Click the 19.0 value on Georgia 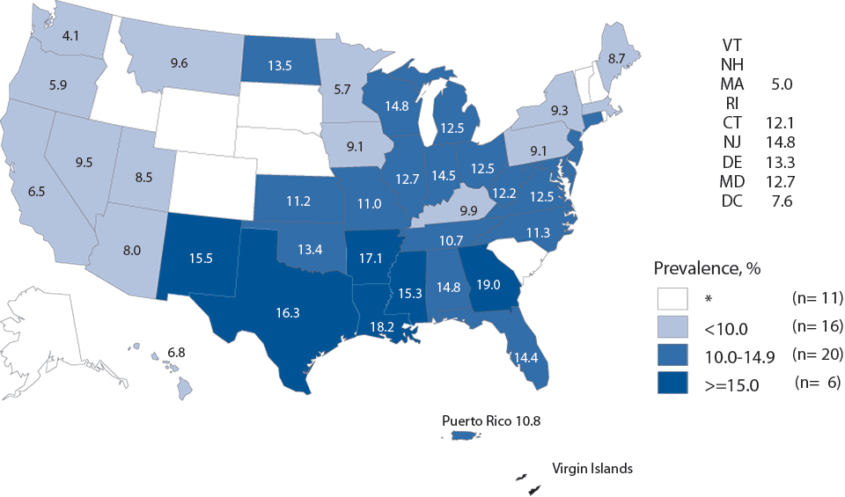[489, 285]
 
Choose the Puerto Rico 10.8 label [491, 420]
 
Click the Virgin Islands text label [591, 469]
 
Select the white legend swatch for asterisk [674, 297]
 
